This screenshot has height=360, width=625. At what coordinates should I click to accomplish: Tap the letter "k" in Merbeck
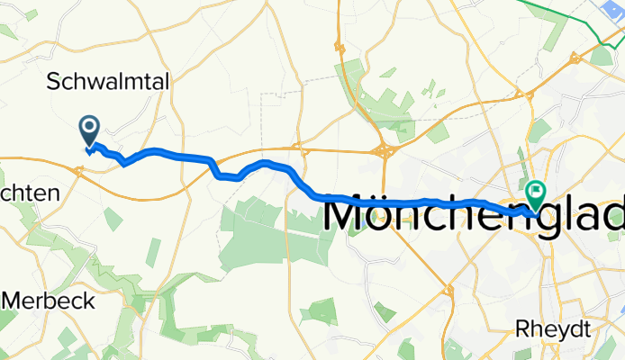pos(88,301)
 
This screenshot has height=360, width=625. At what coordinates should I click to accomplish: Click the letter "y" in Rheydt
pos(559,331)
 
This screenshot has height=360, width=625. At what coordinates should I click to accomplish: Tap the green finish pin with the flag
pos(537,192)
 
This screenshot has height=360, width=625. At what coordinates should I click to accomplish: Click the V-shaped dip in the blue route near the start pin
pos(124,163)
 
